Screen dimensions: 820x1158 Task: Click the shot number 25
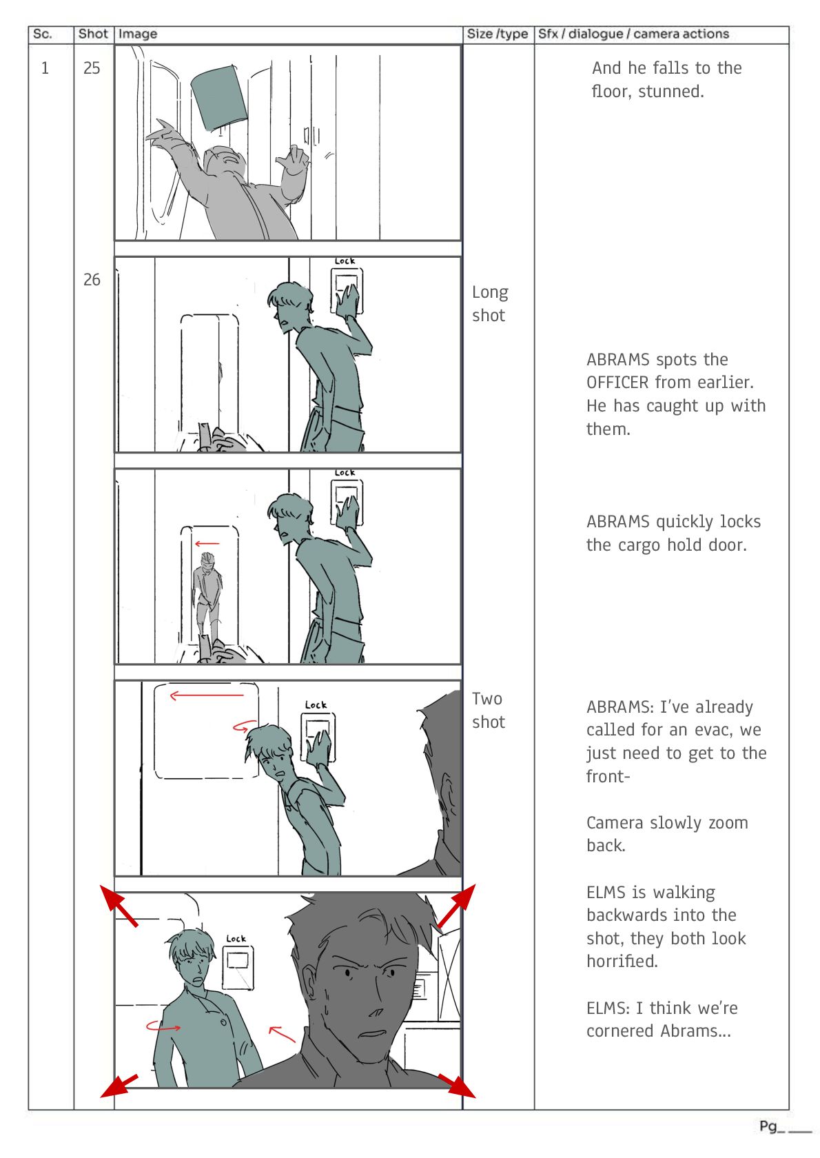tap(92, 68)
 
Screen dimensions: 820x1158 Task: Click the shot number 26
tap(92, 280)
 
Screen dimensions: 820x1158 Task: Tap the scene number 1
tap(45, 68)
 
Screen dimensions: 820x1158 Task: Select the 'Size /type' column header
tap(497, 34)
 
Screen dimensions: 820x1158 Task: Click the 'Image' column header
tap(137, 34)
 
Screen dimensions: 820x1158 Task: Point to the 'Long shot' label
tap(490, 303)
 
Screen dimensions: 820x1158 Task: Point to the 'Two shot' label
tap(488, 710)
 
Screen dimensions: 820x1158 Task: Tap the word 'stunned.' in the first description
tap(671, 92)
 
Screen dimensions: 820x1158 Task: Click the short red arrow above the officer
tap(207, 543)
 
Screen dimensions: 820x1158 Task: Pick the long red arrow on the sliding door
tap(207, 696)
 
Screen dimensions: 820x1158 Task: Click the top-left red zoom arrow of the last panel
tap(119, 905)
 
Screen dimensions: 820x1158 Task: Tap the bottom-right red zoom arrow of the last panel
tap(457, 1086)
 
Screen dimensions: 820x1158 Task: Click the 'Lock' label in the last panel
tap(236, 938)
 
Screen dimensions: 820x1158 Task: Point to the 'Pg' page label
tap(768, 1127)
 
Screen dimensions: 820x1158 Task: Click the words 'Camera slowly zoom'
tap(667, 822)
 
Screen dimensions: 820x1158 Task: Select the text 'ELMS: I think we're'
tap(662, 1008)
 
